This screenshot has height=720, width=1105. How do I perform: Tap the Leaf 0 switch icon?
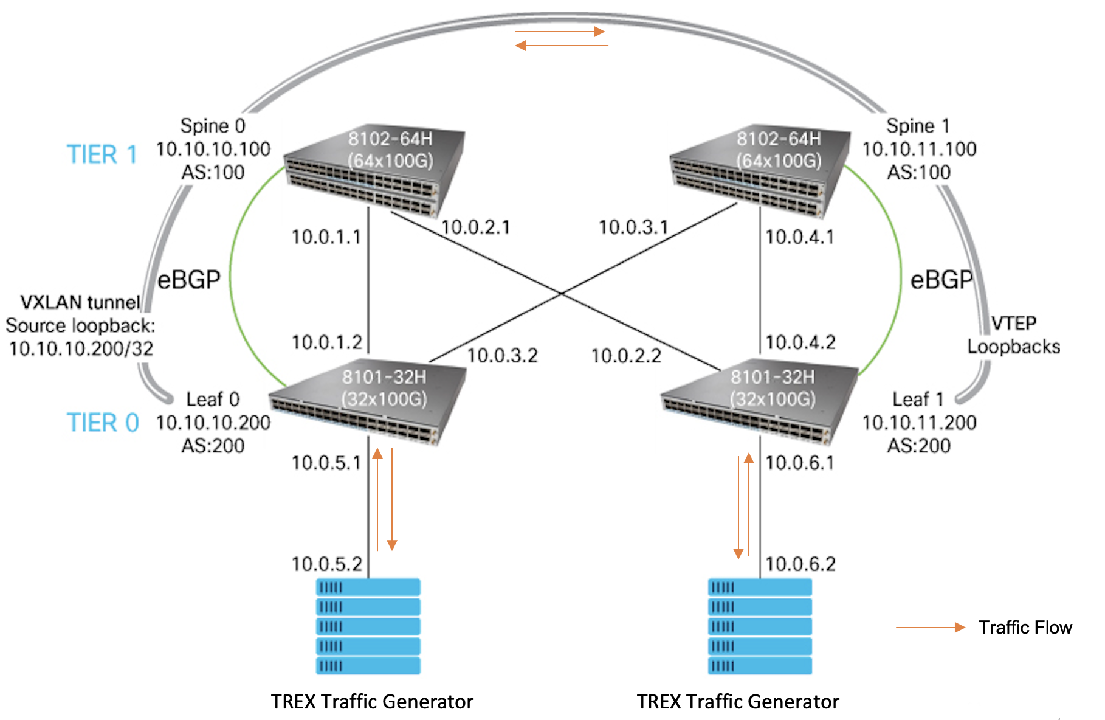pos(368,402)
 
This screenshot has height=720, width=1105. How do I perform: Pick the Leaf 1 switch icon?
pos(760,402)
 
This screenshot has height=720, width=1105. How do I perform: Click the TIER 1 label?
pos(102,154)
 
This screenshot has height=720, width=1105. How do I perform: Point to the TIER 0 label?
pos(103,423)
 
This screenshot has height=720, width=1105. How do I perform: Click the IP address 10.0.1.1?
pos(326,237)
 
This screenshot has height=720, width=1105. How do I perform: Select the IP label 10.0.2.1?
pos(476,227)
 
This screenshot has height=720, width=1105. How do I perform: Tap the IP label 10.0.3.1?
pos(634,227)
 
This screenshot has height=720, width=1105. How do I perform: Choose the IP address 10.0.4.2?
pos(800,342)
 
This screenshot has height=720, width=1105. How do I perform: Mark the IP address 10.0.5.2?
pos(327,564)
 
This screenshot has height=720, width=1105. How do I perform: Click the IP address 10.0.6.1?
pos(800,463)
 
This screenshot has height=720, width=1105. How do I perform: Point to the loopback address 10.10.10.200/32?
pos(81,348)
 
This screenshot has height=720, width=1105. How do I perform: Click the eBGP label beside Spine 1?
pos(941,280)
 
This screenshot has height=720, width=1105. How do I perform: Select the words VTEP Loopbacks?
pos(1014,334)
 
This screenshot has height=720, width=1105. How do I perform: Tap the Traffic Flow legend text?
pos(1025,627)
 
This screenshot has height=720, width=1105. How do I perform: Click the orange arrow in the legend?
pos(931,628)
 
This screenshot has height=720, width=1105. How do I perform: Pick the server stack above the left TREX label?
pos(368,626)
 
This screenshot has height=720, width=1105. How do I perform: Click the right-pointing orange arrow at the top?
pos(560,31)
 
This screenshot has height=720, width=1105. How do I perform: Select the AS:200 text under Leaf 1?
pos(919,446)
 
